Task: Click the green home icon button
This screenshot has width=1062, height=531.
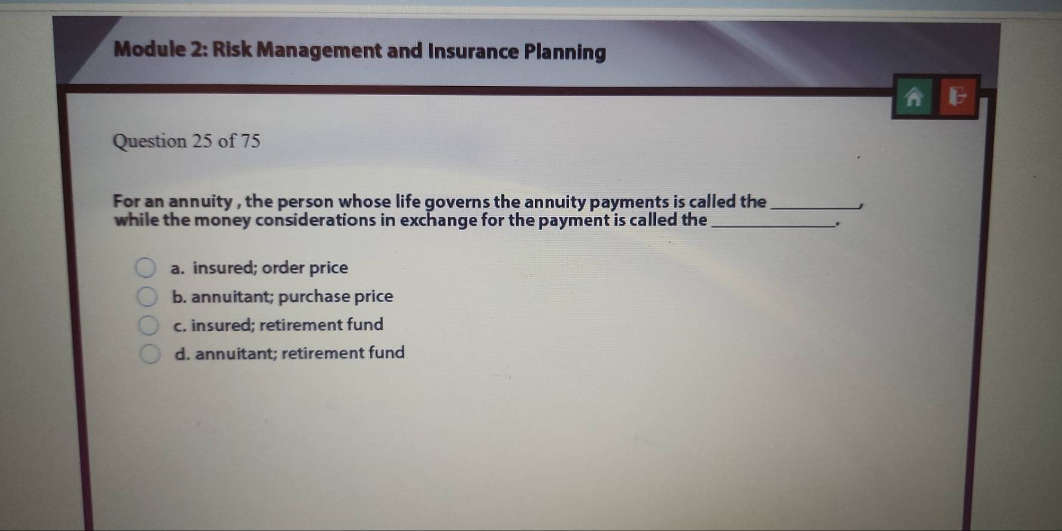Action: click(x=913, y=96)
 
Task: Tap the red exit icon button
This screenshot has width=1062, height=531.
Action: click(x=957, y=96)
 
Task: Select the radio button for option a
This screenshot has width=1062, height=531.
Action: click(x=145, y=267)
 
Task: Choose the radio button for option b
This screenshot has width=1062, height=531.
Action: click(x=146, y=296)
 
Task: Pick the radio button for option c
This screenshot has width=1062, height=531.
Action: click(x=148, y=325)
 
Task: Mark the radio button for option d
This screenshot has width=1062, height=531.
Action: click(x=150, y=354)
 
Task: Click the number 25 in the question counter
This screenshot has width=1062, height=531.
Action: click(x=202, y=141)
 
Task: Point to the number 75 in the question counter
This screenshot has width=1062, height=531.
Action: click(x=250, y=141)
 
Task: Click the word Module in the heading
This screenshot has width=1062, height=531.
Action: click(x=150, y=49)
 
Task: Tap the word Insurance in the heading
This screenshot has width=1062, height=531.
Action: click(x=473, y=51)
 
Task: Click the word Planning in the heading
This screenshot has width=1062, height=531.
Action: click(x=565, y=52)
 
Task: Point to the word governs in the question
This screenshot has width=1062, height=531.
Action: click(x=457, y=202)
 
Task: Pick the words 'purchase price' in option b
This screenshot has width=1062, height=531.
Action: click(x=336, y=297)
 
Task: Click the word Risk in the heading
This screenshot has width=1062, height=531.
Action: click(x=232, y=49)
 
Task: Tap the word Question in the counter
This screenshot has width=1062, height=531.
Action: click(x=150, y=141)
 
